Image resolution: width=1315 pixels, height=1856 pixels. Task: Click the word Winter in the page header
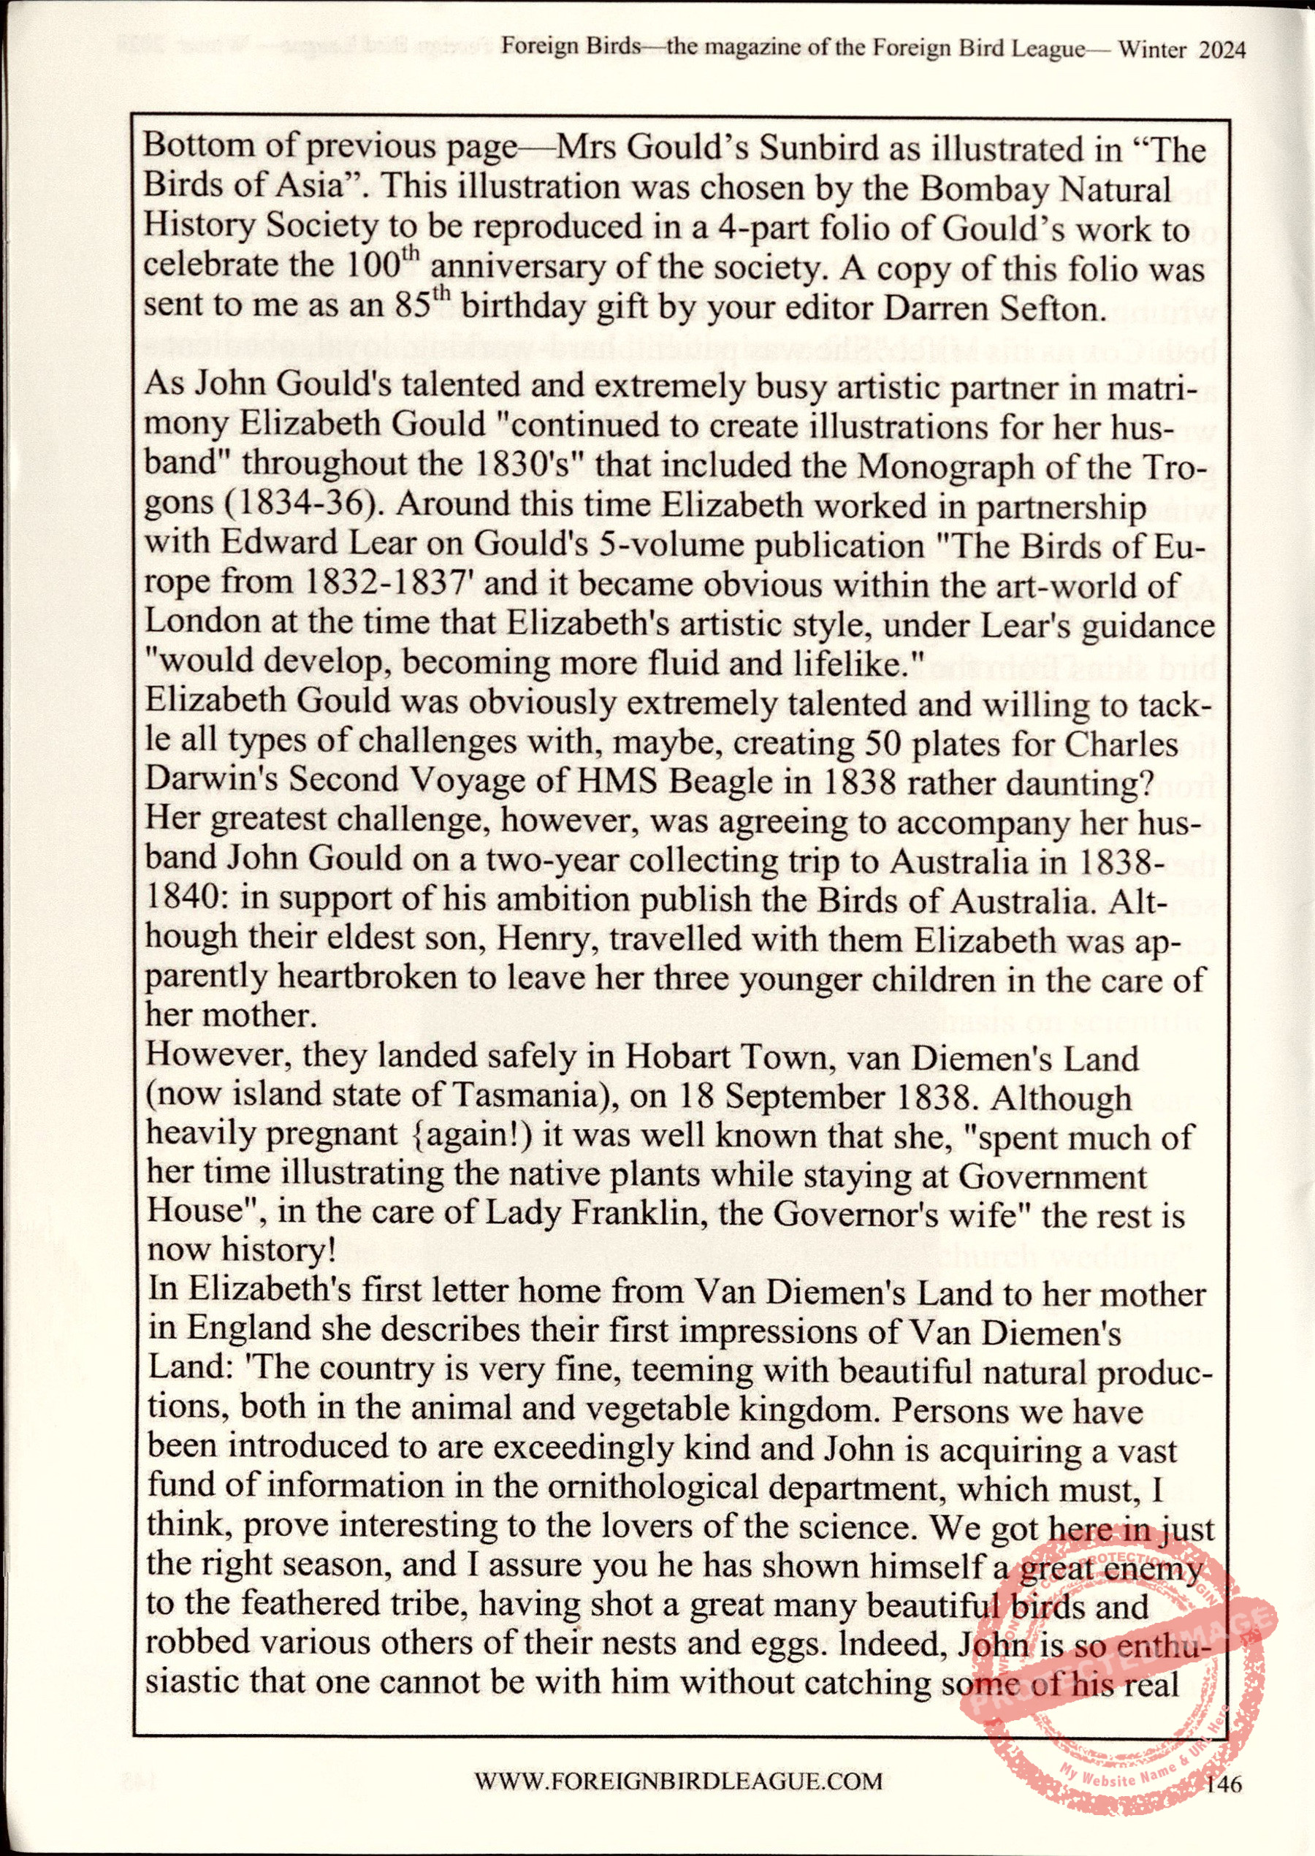(1152, 50)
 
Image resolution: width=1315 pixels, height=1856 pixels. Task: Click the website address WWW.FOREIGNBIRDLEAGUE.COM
(678, 1780)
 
